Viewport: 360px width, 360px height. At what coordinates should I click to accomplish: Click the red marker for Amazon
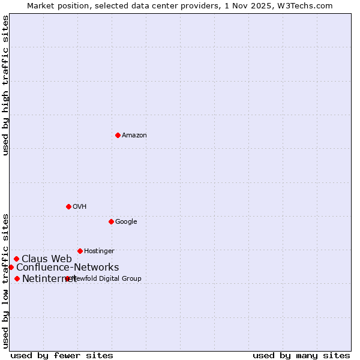(x=118, y=135)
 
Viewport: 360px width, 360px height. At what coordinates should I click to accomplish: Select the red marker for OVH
(x=68, y=206)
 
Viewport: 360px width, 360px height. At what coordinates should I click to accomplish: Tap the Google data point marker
(x=111, y=221)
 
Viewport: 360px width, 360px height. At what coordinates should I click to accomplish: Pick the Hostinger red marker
(x=80, y=251)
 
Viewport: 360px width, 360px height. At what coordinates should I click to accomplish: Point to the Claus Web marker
(x=16, y=259)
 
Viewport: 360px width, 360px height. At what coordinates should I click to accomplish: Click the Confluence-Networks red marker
(x=11, y=267)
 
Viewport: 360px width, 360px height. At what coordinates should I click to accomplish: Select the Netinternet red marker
(x=17, y=278)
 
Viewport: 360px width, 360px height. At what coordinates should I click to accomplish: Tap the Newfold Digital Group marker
(x=67, y=278)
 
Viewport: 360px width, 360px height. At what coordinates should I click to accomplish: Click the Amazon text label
(x=134, y=136)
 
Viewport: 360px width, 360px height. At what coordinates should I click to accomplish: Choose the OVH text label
(x=80, y=207)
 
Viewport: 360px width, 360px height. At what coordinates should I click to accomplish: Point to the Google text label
(x=126, y=222)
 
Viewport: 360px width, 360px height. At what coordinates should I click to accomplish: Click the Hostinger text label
(x=99, y=251)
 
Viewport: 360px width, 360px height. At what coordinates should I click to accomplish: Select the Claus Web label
(x=47, y=259)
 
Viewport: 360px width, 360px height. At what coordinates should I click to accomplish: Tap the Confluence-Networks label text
(x=67, y=268)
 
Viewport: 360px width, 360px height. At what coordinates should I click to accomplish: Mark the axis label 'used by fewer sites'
(x=62, y=355)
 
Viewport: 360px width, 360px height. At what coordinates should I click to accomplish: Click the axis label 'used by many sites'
(x=301, y=355)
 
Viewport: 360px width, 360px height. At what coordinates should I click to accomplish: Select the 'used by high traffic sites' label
(x=6, y=85)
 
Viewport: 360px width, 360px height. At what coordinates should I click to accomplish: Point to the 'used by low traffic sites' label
(x=6, y=280)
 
